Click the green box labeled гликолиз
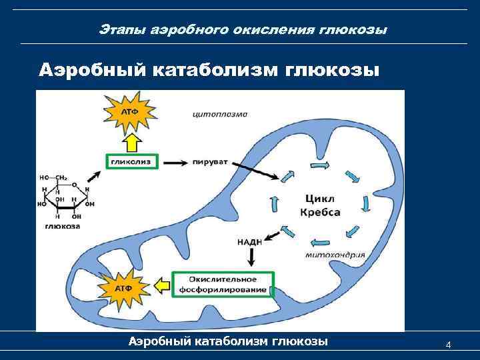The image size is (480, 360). (x=131, y=161)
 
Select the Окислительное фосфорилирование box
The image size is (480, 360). (x=223, y=284)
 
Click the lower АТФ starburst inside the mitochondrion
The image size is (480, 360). (x=123, y=287)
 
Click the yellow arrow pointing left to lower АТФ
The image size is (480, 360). (x=161, y=285)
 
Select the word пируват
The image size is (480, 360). (x=211, y=161)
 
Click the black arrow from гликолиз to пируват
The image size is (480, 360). (x=175, y=161)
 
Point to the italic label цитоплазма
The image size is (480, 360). (x=220, y=114)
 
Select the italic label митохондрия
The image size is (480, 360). (x=335, y=253)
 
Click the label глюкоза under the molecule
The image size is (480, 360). (x=63, y=227)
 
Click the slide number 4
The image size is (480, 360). (x=448, y=345)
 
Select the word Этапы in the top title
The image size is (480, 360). (x=119, y=30)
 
